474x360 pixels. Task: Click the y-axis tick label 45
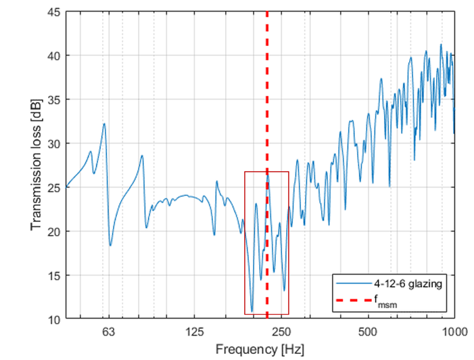click(53, 12)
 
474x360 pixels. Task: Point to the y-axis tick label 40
click(53, 55)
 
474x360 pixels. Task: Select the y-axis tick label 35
click(53, 99)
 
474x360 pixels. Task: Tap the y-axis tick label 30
click(53, 143)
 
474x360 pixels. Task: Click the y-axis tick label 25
click(53, 187)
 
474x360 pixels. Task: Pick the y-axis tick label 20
click(53, 231)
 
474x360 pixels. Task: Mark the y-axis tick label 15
click(53, 275)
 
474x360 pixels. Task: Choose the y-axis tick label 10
click(53, 319)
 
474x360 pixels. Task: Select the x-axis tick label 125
click(195, 332)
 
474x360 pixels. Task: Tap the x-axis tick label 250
click(281, 332)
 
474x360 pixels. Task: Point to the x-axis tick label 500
click(367, 332)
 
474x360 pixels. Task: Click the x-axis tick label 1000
click(453, 332)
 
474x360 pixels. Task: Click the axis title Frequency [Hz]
click(260, 348)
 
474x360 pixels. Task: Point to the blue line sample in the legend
click(352, 284)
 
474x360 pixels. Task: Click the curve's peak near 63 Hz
click(104, 124)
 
